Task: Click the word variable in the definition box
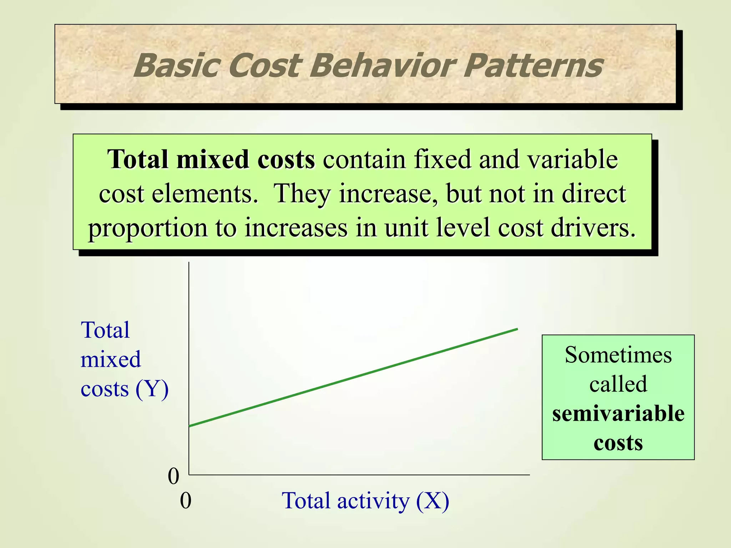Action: (573, 159)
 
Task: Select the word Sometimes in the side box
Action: (618, 355)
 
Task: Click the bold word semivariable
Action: (618, 414)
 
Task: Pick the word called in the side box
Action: (618, 385)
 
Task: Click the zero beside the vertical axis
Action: (173, 476)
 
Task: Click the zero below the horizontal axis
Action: (186, 501)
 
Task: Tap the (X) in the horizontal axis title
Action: (432, 501)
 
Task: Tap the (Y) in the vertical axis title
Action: (152, 389)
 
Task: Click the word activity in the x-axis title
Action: (373, 501)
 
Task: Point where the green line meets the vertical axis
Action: (189, 426)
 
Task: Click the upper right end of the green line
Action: (517, 329)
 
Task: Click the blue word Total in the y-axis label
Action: (105, 330)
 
